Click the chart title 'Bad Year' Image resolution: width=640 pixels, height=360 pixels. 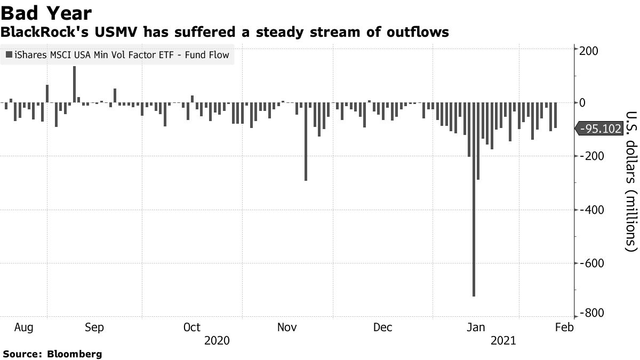(x=46, y=13)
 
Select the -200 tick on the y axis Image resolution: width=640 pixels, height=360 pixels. (x=589, y=156)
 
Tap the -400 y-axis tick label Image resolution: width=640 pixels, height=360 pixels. (x=589, y=210)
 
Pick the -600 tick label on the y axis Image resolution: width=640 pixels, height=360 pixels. (x=589, y=263)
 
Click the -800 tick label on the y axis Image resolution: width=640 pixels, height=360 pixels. (x=589, y=314)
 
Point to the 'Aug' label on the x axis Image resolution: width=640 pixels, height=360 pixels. (x=25, y=327)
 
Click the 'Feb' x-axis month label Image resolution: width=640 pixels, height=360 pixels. (x=564, y=327)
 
